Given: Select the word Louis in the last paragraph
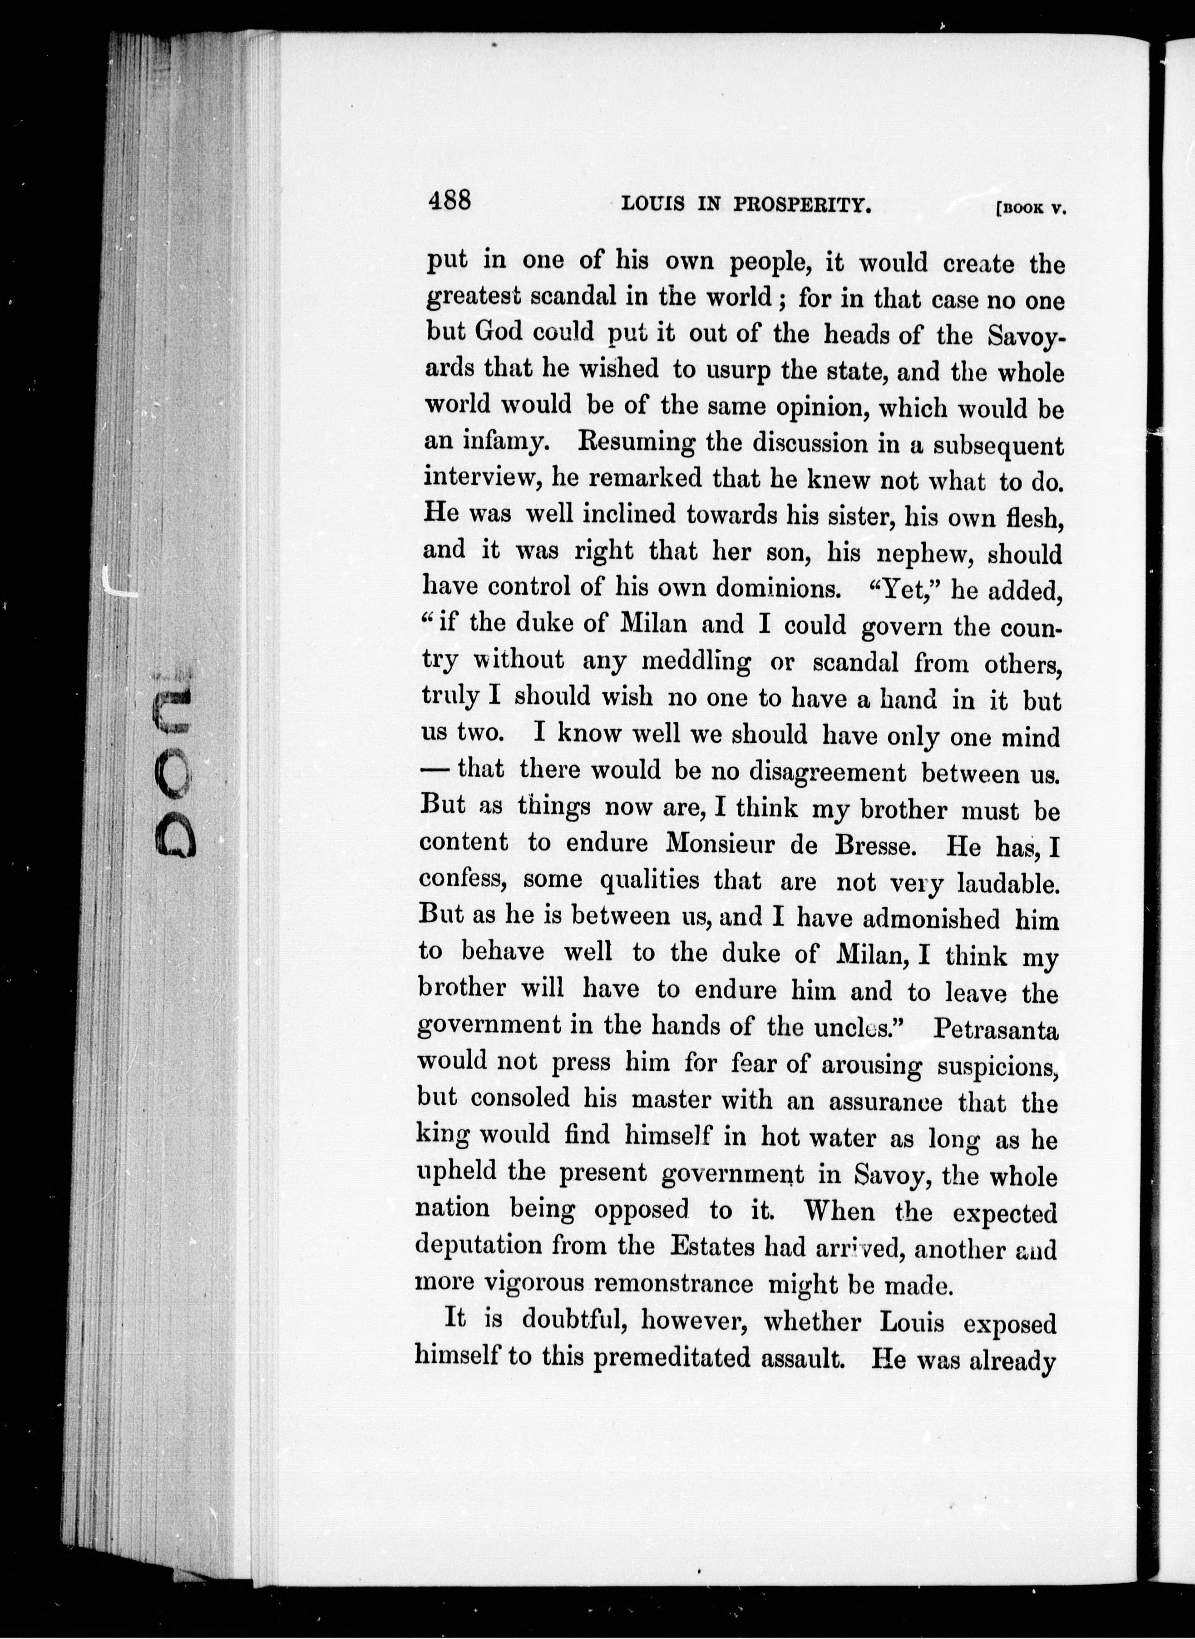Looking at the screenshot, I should tap(911, 1322).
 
